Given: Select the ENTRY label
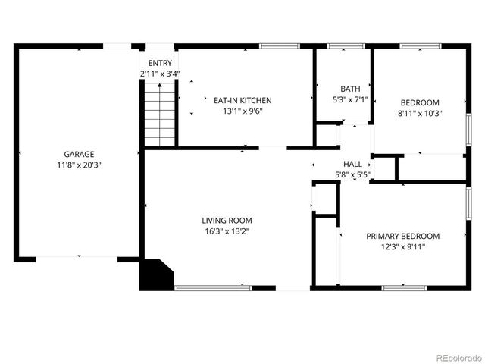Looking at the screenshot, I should (159, 63).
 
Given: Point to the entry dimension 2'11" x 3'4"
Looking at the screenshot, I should (160, 74).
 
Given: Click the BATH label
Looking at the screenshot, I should (350, 88).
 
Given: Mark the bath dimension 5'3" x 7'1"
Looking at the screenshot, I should (350, 99).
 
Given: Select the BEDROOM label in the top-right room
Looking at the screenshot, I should (420, 102).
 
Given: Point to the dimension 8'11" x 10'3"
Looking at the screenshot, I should (420, 114).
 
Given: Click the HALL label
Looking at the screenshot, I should (352, 164).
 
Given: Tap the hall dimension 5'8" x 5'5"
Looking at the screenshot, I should (352, 175).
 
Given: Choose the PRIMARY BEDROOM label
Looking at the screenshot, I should (413, 236).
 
